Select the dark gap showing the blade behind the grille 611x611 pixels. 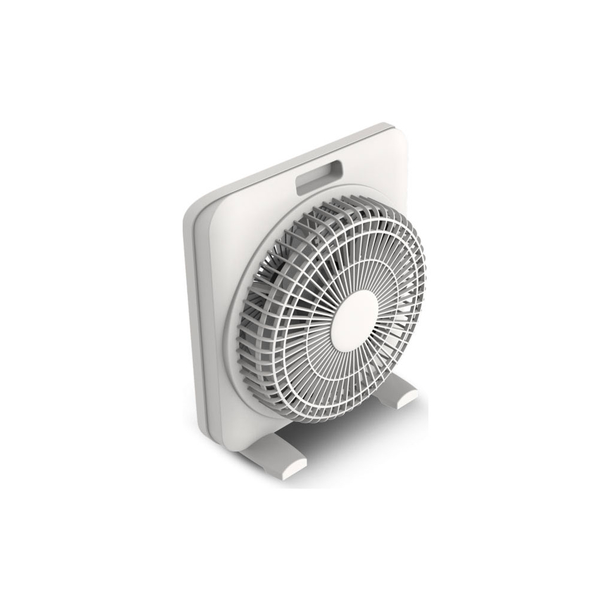280,280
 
